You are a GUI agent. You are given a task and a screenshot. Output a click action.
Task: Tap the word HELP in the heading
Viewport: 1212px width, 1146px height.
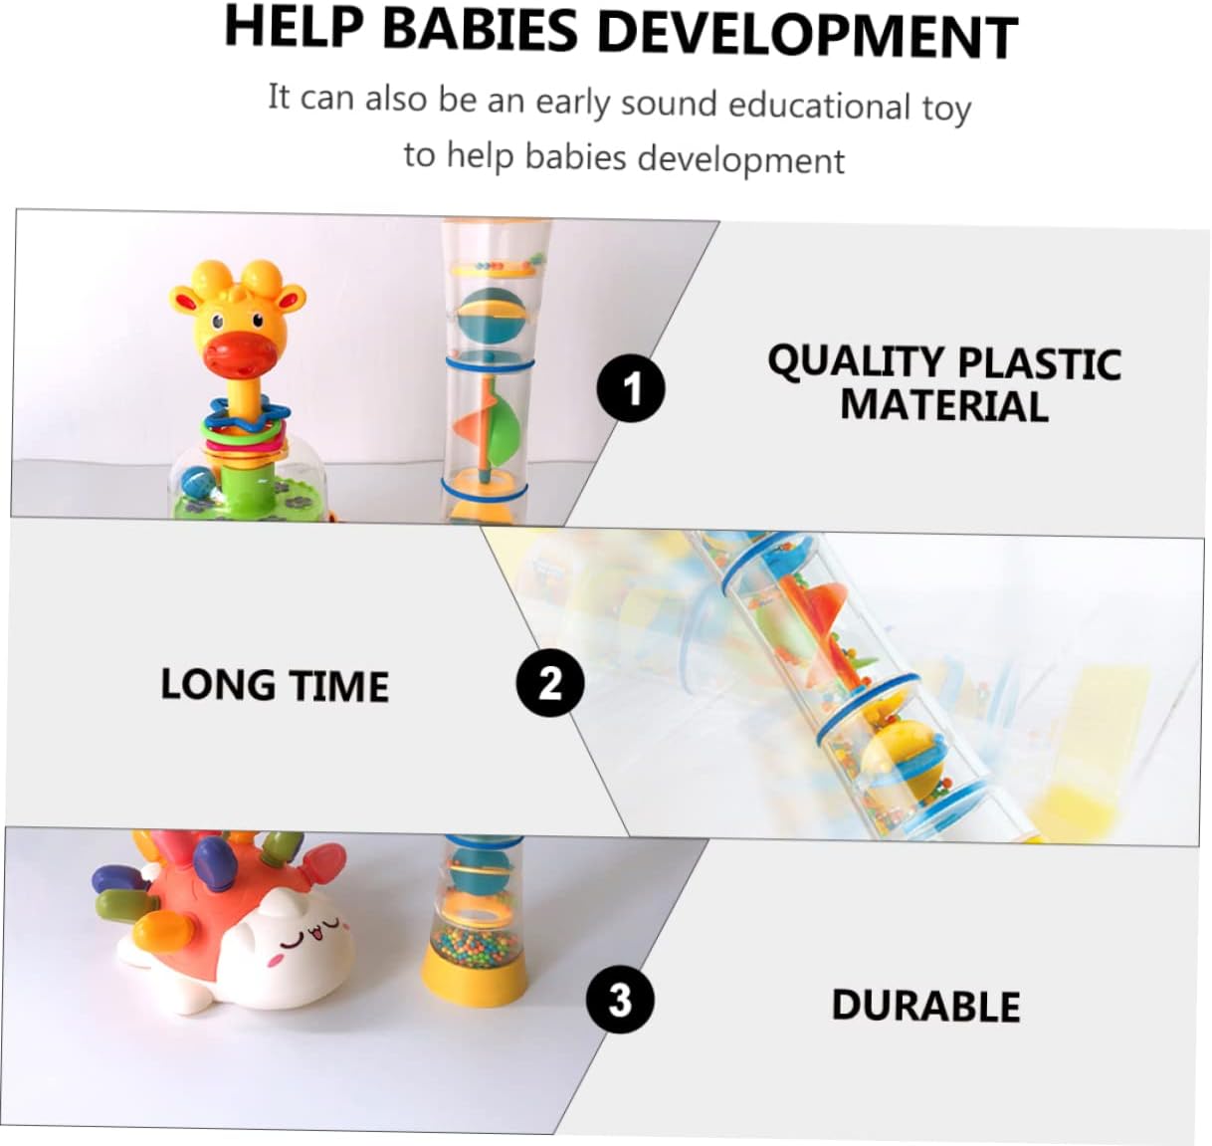[295, 27]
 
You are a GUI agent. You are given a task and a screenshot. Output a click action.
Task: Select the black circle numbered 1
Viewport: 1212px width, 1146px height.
[631, 388]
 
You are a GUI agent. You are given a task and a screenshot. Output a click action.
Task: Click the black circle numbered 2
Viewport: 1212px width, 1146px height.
[550, 682]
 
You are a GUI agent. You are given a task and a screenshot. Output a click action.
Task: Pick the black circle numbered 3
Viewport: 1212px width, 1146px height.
[619, 1000]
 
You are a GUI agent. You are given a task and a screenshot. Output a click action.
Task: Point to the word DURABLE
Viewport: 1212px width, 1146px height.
[925, 1006]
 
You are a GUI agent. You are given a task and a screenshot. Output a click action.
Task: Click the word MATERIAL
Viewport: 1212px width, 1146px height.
[944, 405]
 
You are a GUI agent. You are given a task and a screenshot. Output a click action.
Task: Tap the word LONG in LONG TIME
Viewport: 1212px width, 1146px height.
[217, 684]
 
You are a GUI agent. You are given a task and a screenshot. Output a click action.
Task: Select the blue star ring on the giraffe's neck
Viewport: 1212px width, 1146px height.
[248, 415]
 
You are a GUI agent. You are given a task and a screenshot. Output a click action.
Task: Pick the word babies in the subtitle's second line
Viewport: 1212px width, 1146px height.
[575, 156]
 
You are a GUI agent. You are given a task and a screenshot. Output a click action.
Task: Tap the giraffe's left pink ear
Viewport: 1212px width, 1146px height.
[185, 300]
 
